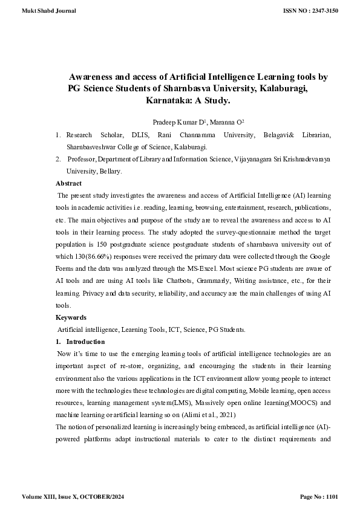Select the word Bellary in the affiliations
(108, 171)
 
